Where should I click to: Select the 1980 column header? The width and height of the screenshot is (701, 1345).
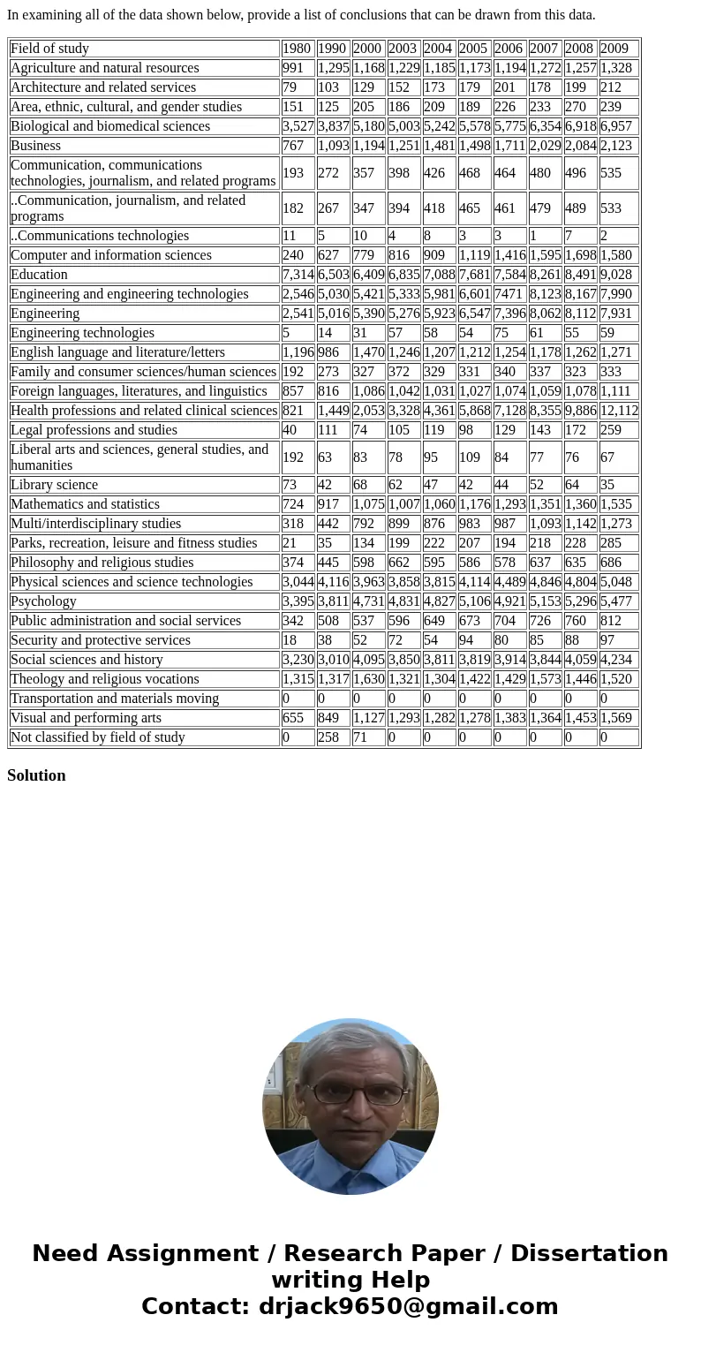297,49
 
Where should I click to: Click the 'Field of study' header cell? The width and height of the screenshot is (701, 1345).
50,49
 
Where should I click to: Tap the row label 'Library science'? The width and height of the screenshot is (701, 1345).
55,485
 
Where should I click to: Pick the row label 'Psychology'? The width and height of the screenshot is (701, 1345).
44,601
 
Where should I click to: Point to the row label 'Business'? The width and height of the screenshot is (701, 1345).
36,146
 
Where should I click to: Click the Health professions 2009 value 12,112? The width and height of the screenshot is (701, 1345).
619,411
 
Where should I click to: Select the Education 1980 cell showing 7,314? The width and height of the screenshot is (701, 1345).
298,275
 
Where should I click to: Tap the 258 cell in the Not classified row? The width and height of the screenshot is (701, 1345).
328,737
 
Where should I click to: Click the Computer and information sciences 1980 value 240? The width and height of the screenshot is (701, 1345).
293,255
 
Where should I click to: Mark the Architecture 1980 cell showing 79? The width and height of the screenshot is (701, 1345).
290,87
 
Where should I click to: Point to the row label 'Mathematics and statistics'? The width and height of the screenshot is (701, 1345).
86,504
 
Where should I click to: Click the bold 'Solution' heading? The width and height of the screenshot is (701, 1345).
36,775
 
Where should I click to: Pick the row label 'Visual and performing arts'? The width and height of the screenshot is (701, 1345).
87,718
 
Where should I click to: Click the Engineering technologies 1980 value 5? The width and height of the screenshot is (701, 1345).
286,333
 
